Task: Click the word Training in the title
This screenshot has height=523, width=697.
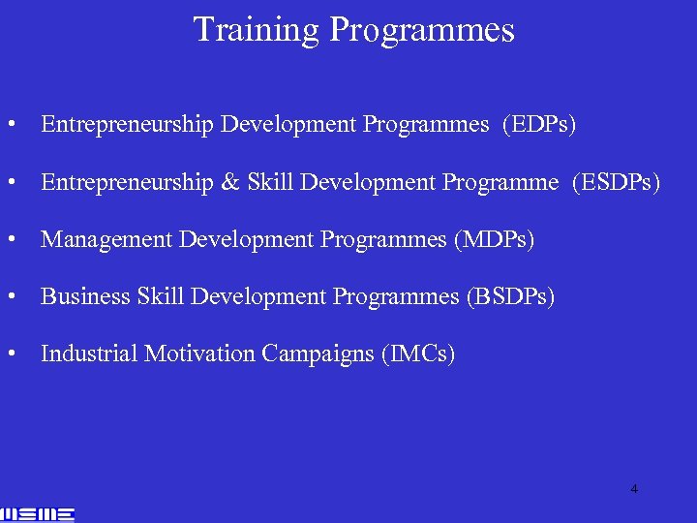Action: coord(257,29)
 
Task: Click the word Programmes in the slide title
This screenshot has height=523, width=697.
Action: coord(422,31)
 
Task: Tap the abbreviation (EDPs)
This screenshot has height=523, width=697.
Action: coord(539,125)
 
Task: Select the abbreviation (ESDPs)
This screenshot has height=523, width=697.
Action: coord(617,182)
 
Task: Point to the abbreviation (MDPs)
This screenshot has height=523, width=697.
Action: coord(494,239)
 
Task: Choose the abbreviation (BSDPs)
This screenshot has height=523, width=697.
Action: coord(510,296)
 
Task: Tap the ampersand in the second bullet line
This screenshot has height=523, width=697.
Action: coord(228,182)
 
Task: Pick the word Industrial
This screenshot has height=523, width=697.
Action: coord(89,354)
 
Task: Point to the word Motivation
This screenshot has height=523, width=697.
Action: coord(200,354)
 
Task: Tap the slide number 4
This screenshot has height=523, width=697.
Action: coord(634,489)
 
